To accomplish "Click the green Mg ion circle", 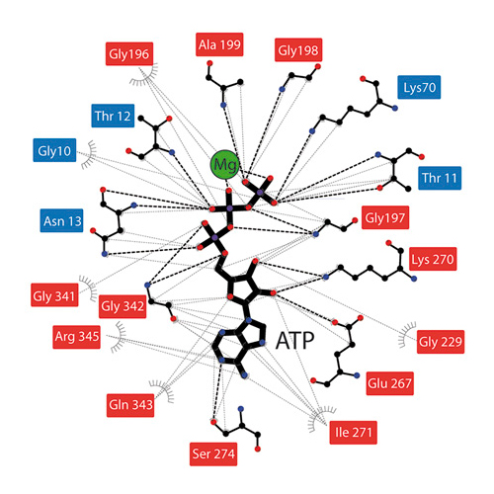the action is pos(224,165).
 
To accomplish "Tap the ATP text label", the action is pos(294,340).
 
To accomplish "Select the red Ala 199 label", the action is pos(219,44).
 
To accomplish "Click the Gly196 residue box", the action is pos(129,53).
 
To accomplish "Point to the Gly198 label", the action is pos(298,50).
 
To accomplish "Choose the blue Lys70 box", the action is pos(419,87).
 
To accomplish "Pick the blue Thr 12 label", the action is pos(113,116).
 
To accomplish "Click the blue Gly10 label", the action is pos(54,150).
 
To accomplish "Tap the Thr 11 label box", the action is pos(440,178).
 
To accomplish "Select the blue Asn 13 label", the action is pos(61,220).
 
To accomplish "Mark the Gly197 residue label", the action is pos(385,217).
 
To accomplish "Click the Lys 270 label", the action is pos(433,259).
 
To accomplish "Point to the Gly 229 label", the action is pos(441,342).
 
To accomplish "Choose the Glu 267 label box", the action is pos(390,383).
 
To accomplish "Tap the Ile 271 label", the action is pos(354,433).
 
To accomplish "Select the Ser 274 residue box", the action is pos(213,453).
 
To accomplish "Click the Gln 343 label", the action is pos(130,405).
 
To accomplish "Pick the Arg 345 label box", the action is pos(76,337).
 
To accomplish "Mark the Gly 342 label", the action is pos(123,306).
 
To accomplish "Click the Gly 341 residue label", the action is pos(54,294).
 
